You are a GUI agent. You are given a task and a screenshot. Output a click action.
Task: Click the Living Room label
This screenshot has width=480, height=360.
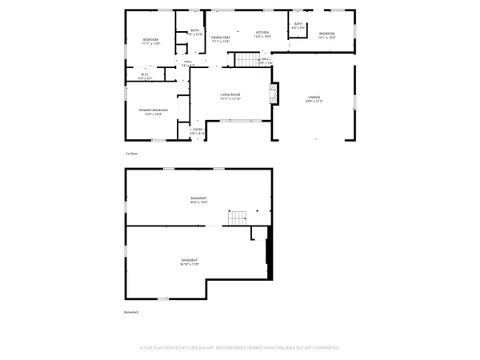230,95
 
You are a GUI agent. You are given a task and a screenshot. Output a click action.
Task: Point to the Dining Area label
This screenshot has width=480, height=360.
221,38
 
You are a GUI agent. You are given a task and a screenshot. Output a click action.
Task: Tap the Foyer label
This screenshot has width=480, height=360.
198,132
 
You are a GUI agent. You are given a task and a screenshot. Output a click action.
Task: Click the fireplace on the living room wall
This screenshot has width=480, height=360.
274,94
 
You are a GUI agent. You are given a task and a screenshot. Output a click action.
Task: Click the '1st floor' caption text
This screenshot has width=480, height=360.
130,152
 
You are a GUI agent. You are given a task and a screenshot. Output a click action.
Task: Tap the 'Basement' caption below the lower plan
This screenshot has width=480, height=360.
131,313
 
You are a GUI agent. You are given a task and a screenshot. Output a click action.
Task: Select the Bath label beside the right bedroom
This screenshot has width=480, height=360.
298,26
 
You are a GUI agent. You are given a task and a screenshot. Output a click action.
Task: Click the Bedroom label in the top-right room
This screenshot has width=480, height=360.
326,34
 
